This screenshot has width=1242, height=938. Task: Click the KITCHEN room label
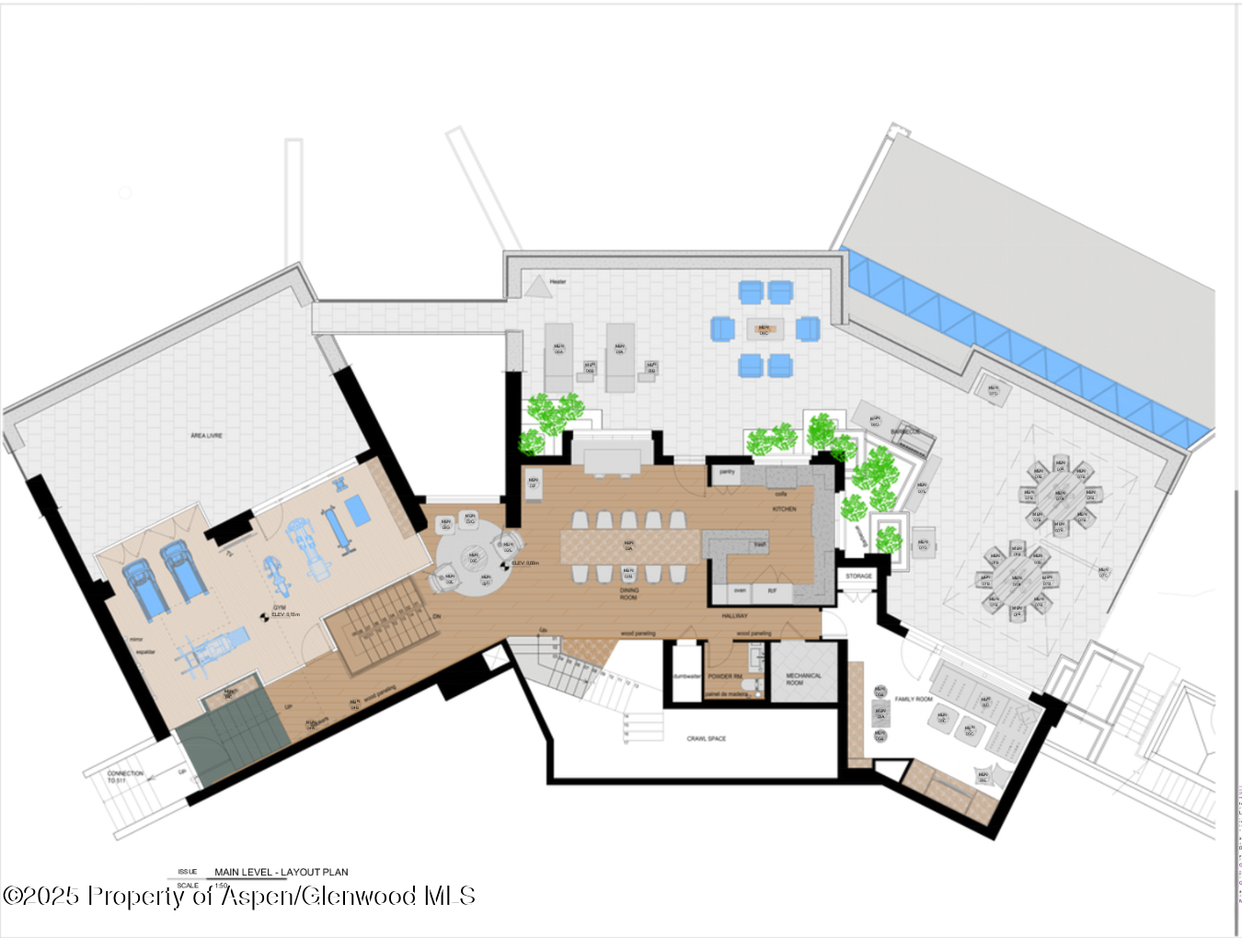click(x=784, y=509)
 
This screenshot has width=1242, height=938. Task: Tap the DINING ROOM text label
click(x=628, y=594)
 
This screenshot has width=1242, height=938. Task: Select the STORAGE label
click(x=858, y=576)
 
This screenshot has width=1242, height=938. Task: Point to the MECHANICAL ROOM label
click(x=803, y=679)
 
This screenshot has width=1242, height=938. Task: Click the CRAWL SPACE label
click(x=706, y=738)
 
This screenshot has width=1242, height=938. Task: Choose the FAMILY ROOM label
click(x=914, y=699)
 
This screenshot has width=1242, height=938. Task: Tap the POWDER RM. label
click(x=725, y=676)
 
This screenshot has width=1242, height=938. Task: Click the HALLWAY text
click(x=734, y=616)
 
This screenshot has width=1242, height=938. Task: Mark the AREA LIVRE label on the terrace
click(x=206, y=435)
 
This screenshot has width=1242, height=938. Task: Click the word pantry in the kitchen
click(x=727, y=472)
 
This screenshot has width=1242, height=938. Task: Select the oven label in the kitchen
click(x=740, y=590)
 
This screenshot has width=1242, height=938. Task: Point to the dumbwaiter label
click(x=686, y=676)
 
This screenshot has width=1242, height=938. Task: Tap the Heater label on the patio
click(x=558, y=281)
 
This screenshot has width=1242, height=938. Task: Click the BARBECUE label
click(x=905, y=431)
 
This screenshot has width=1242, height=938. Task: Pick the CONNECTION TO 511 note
click(x=124, y=776)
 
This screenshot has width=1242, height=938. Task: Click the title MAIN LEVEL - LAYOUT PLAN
click(x=281, y=872)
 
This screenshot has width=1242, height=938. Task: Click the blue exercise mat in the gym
click(x=357, y=510)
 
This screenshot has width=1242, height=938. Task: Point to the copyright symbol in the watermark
click(x=13, y=896)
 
